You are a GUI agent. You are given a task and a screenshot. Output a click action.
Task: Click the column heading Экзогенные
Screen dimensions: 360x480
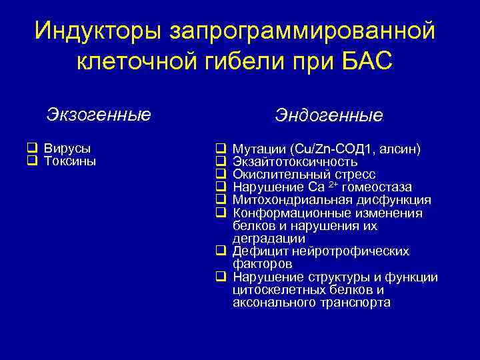99,114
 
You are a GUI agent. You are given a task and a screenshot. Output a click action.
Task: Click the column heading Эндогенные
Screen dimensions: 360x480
329,115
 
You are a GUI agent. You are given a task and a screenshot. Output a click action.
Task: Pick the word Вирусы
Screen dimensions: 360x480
67,148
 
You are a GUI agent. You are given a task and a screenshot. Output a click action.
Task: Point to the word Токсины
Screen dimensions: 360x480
70,161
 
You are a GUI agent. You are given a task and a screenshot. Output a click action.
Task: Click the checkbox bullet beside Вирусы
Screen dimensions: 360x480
31,149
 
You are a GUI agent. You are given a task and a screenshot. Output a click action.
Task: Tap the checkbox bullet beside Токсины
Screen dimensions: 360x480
31,161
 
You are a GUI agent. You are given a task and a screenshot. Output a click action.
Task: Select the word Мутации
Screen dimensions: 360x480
256,149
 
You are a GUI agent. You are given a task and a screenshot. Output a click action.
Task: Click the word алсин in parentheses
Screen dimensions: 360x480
399,149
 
